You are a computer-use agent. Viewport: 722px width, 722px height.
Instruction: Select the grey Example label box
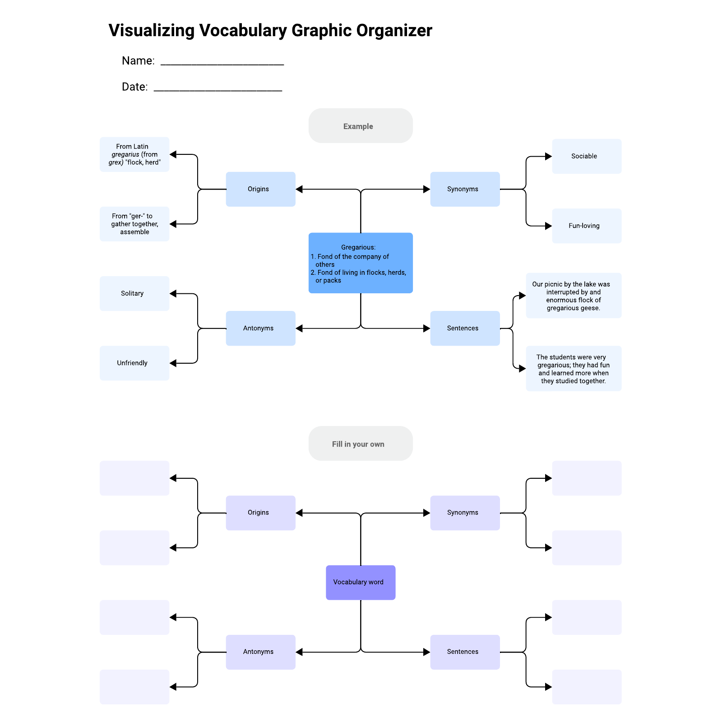coord(360,126)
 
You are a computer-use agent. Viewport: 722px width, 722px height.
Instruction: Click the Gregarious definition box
coord(360,263)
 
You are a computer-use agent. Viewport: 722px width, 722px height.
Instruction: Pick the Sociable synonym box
coord(586,156)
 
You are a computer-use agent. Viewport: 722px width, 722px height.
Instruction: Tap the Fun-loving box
coord(586,226)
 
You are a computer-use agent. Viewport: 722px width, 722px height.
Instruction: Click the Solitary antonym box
coord(134,293)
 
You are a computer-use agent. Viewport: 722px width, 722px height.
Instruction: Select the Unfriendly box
coord(134,363)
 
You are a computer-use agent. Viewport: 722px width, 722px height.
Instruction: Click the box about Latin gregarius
coord(134,154)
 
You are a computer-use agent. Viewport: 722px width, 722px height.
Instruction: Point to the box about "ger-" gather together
coord(134,224)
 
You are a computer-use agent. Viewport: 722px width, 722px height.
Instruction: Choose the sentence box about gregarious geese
coord(573,296)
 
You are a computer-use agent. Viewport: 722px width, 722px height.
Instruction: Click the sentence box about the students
coord(573,369)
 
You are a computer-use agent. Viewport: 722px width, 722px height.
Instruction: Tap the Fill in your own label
coord(360,444)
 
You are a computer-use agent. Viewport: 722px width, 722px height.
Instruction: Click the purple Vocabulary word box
coord(360,582)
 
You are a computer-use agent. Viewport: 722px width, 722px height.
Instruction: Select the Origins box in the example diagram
coord(260,189)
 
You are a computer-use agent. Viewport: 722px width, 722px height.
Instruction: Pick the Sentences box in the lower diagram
coord(464,652)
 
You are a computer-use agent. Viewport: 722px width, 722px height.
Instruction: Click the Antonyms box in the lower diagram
coord(260,652)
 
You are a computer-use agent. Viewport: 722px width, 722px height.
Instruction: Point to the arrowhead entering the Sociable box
coord(548,157)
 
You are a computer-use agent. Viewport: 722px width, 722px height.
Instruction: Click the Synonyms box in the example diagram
coord(464,189)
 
